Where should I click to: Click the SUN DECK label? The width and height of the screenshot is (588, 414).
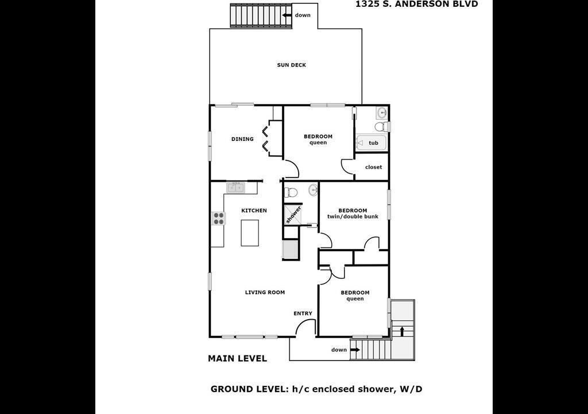291,65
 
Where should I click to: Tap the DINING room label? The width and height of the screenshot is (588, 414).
242,139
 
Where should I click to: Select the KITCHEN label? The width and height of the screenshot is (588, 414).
254,210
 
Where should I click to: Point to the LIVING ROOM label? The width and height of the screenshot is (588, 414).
265,292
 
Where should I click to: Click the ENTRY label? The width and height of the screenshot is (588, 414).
303,313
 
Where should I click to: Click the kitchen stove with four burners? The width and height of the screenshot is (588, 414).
219,218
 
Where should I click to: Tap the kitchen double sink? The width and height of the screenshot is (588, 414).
235,187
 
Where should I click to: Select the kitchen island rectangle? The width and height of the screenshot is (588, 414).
250,233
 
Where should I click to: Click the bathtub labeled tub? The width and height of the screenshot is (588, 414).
370,143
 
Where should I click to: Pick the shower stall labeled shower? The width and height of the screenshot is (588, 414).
292,214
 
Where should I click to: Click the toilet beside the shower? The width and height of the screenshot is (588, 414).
291,192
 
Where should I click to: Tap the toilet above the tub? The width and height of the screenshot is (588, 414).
381,125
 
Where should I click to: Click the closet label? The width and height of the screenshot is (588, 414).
373,167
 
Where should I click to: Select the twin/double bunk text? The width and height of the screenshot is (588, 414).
353,216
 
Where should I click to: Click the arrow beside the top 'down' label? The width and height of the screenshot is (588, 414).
287,15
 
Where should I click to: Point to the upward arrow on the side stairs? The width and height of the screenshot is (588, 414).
402,331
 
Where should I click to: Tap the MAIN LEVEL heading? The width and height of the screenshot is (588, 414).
237,358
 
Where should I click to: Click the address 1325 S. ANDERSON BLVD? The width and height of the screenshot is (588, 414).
417,4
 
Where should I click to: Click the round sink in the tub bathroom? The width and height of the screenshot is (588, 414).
382,112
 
